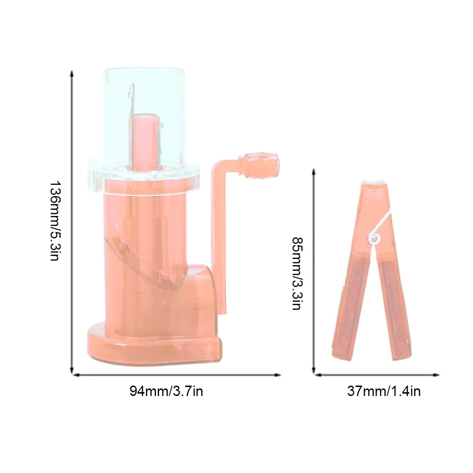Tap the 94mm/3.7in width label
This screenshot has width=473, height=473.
pos(166,391)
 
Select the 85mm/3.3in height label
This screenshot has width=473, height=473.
pos(296,273)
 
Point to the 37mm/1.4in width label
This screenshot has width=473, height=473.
pos(384,391)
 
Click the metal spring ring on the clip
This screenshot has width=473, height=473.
pos(375,238)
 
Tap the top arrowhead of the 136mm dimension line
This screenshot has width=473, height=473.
pos(72,74)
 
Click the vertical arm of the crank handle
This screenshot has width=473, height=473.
pos(221,236)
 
